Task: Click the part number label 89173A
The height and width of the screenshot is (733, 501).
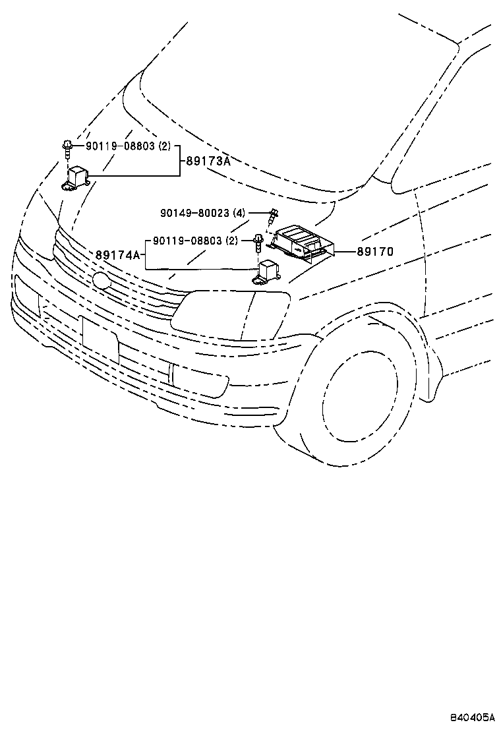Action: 207,160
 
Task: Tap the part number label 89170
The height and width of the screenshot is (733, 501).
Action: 375,251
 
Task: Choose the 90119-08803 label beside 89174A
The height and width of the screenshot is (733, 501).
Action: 188,241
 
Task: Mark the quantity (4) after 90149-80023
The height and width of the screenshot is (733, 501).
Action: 239,213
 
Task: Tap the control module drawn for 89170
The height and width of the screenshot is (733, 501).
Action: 301,243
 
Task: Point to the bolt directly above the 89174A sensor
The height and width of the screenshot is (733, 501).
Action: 260,243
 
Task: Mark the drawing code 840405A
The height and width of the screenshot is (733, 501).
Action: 472,717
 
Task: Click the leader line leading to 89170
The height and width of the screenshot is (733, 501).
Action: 344,251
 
